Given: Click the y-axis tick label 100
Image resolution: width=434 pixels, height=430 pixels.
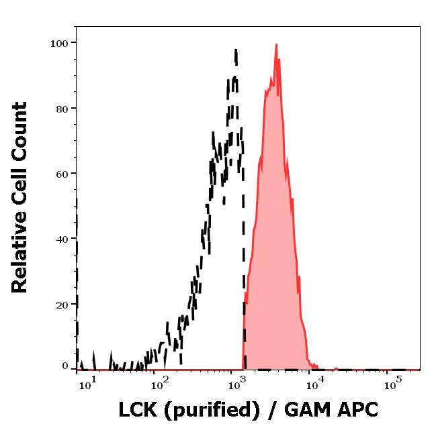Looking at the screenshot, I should (59, 44).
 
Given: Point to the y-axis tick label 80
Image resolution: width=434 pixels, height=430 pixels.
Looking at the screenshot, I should (61, 109).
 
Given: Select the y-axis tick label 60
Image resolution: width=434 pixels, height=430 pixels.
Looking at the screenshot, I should (61, 174).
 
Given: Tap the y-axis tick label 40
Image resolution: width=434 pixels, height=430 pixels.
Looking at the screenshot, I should (61, 239).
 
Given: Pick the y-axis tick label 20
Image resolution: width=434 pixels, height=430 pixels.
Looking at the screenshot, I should (61, 305).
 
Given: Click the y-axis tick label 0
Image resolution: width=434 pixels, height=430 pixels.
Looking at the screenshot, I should (65, 366).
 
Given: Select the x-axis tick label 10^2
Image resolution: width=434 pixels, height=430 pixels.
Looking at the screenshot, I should (159, 384).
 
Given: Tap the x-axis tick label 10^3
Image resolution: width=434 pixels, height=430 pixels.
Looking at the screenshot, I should (236, 384).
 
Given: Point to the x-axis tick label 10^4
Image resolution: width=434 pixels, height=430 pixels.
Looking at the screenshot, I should (314, 384).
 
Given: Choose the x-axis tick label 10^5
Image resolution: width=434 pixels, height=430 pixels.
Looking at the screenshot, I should (392, 384).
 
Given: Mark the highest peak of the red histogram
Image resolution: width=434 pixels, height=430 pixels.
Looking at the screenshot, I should (276, 45).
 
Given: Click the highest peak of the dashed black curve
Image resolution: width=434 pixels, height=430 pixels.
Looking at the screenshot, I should (236, 50).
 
